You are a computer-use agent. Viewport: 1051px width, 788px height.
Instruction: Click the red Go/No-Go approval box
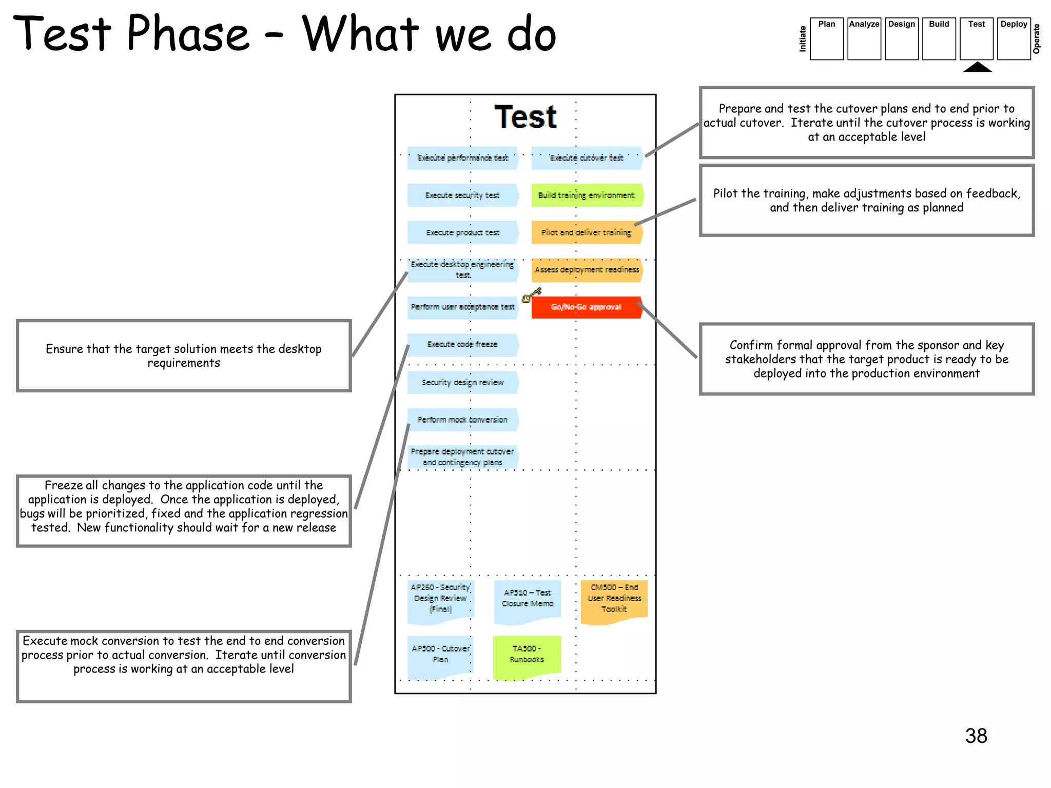(587, 307)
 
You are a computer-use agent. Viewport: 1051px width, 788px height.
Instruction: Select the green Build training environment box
(587, 195)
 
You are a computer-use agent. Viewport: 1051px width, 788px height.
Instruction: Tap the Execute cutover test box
(587, 158)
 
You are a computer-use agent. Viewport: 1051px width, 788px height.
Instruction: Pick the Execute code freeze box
(462, 345)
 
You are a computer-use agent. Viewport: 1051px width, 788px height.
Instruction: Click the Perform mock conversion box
(462, 420)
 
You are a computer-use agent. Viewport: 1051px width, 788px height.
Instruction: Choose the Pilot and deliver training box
(587, 232)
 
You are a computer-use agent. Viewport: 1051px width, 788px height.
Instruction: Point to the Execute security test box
(462, 195)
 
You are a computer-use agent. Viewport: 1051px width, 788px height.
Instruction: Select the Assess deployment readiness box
(587, 270)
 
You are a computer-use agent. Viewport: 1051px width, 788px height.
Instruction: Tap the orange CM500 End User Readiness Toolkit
(614, 600)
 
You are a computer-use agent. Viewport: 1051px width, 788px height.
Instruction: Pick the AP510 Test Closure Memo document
(528, 600)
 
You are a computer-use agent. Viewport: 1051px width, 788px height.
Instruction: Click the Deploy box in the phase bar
(1014, 38)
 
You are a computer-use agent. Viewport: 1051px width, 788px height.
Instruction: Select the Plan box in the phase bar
(826, 38)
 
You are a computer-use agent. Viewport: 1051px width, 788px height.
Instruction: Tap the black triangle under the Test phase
(977, 67)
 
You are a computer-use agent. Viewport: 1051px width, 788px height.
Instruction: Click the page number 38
(976, 736)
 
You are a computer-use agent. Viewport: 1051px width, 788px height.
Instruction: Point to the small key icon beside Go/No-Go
(531, 295)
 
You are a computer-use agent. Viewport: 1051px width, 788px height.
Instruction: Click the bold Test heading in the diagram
(525, 117)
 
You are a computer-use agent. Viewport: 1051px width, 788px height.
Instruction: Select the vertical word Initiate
(803, 39)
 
